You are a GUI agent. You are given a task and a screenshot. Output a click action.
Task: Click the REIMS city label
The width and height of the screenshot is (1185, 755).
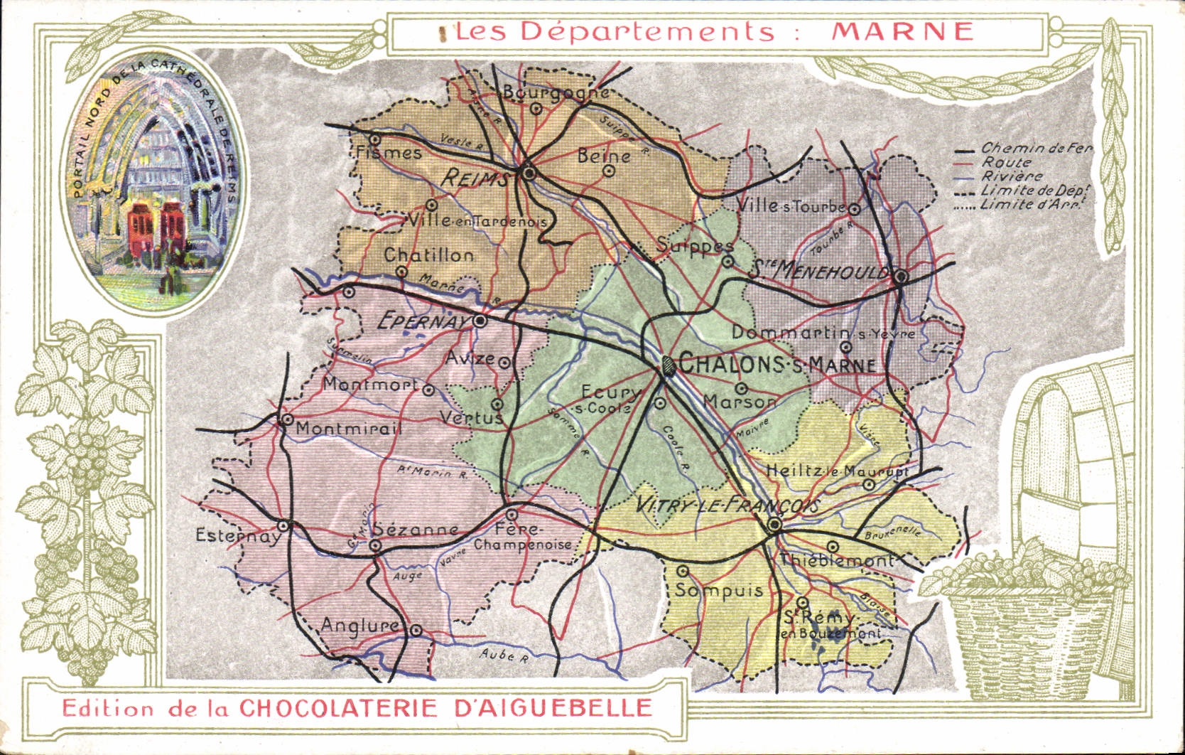click(474, 178)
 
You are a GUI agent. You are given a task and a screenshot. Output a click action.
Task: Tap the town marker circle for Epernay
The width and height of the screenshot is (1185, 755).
click(480, 321)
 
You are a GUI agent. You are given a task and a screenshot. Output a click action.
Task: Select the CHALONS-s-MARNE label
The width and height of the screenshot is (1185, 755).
click(777, 364)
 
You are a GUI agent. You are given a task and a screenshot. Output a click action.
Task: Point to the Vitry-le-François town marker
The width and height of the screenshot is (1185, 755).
click(774, 525)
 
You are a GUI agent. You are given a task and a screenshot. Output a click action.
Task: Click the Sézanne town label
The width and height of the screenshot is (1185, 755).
click(416, 530)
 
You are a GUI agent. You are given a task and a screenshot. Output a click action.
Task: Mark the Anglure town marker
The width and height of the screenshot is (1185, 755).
click(416, 630)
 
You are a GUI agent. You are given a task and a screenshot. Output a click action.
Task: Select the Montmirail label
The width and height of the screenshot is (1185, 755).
click(348, 429)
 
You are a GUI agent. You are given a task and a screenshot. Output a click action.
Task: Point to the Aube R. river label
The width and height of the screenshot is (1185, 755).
click(504, 655)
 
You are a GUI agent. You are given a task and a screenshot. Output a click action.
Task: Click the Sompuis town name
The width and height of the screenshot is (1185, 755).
click(718, 590)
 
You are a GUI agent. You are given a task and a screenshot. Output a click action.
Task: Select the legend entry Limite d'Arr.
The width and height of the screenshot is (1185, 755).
click(1030, 205)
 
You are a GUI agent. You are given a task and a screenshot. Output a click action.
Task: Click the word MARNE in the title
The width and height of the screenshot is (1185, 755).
click(902, 31)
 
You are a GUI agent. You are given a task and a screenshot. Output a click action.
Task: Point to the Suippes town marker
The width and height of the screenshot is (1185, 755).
click(727, 261)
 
